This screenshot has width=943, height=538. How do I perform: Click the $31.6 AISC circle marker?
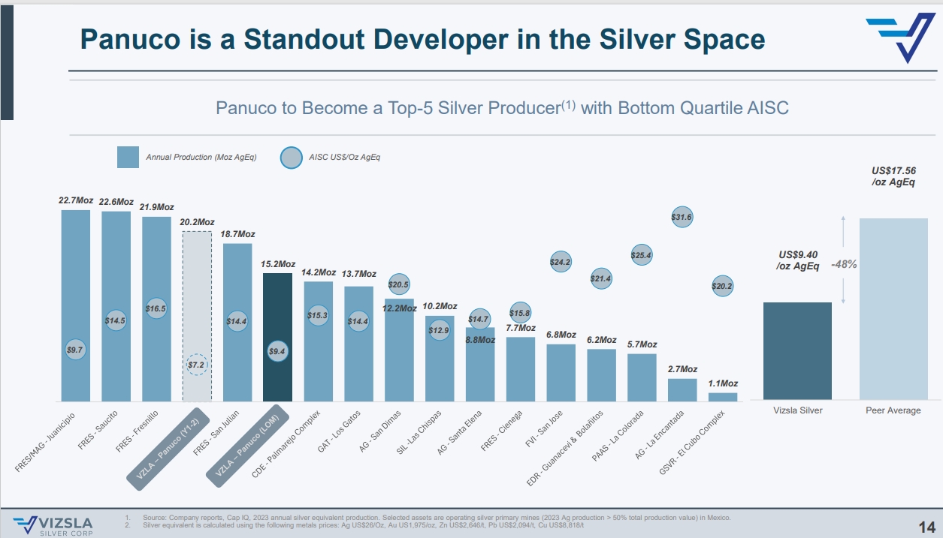[x=682, y=217]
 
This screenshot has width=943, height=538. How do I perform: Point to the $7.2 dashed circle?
[x=197, y=365]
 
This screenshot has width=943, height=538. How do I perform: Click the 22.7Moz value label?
[x=76, y=200]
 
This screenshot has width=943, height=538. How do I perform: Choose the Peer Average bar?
[x=893, y=308]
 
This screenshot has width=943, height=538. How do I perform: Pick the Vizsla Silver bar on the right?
[x=797, y=350]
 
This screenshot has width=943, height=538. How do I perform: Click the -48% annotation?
[x=843, y=264]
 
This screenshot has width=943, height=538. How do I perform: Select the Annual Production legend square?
[x=128, y=158]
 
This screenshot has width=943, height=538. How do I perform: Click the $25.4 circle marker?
[x=642, y=255]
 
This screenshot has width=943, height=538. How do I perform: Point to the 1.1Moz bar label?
[x=723, y=383]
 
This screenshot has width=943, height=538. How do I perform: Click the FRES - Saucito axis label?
[x=98, y=430]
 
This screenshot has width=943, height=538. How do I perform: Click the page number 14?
[x=926, y=525]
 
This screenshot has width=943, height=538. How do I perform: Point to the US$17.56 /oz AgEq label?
[x=893, y=177]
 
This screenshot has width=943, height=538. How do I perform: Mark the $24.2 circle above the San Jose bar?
[x=561, y=262]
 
